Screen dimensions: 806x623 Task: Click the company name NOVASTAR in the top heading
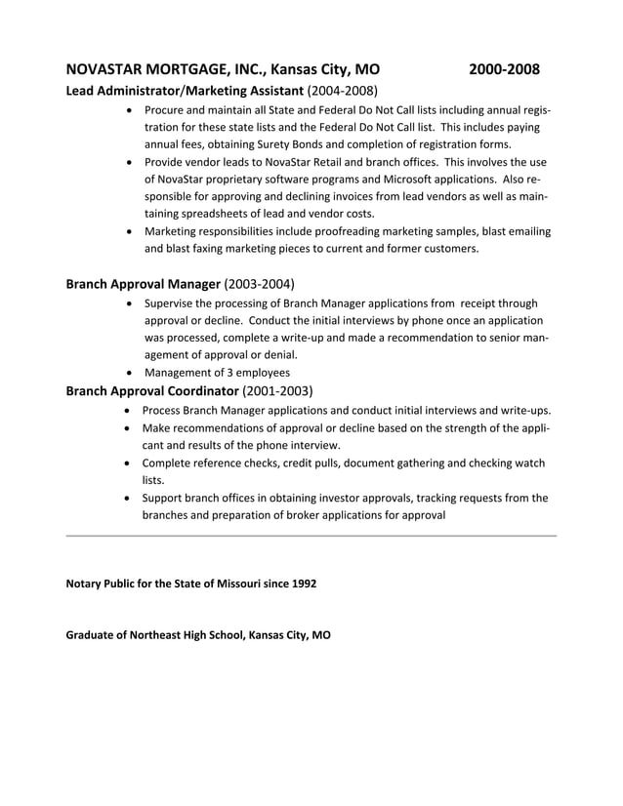point(107,70)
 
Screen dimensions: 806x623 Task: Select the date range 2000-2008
point(504,70)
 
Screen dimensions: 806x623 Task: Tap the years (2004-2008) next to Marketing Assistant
point(342,91)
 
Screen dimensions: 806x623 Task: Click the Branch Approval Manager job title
point(143,285)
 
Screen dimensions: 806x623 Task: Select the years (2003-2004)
point(259,285)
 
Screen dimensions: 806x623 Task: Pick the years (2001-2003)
point(277,391)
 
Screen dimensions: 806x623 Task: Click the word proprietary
point(243,179)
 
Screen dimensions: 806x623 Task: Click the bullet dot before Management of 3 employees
point(131,373)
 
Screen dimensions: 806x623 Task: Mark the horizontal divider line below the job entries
point(311,536)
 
